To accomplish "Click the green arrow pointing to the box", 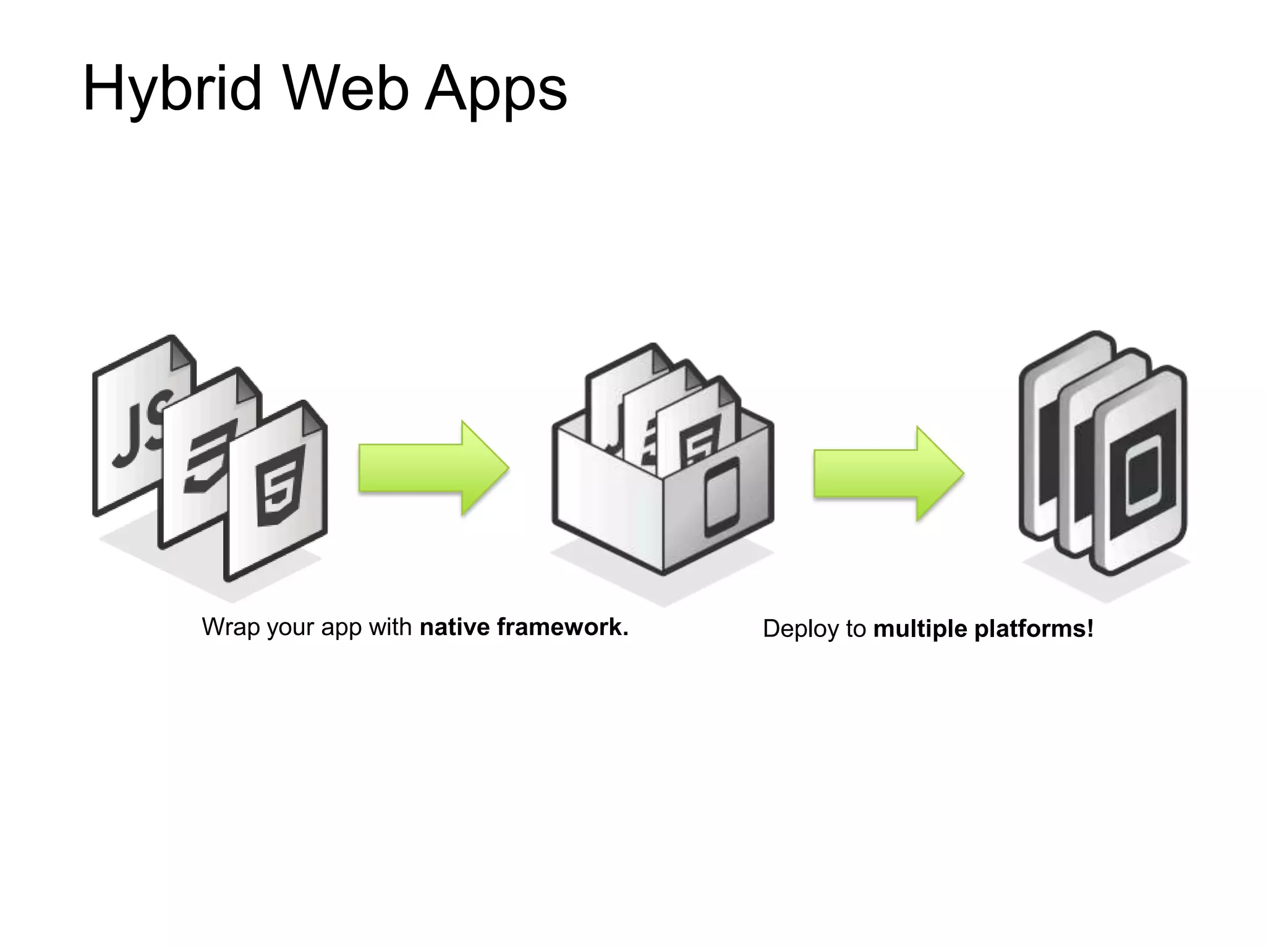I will (433, 468).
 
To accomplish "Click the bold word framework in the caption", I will (563, 627).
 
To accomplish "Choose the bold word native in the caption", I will (455, 627).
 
